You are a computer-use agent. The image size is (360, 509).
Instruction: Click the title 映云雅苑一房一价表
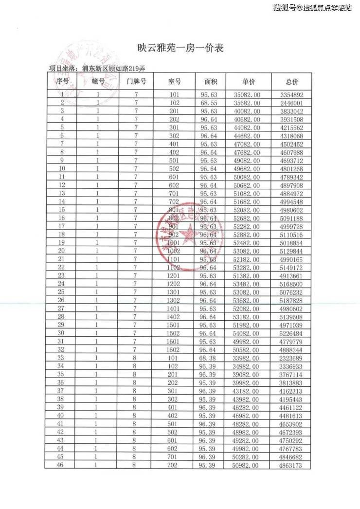tap(180, 49)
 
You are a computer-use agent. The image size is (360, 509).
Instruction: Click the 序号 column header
tap(62, 81)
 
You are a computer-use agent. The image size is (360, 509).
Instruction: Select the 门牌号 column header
tap(136, 81)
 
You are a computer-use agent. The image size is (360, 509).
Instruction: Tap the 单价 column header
tap(249, 81)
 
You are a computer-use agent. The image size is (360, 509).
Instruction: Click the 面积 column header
tap(211, 81)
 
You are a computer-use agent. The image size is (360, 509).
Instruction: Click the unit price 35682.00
tap(249, 103)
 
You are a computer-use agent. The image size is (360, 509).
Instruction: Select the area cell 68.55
tap(211, 103)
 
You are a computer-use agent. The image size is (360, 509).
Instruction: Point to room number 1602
tap(174, 349)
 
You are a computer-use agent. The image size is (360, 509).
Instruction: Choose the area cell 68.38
tap(211, 357)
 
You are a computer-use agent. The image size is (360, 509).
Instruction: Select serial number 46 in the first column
tap(62, 466)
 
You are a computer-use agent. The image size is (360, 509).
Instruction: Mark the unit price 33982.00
tap(249, 357)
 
